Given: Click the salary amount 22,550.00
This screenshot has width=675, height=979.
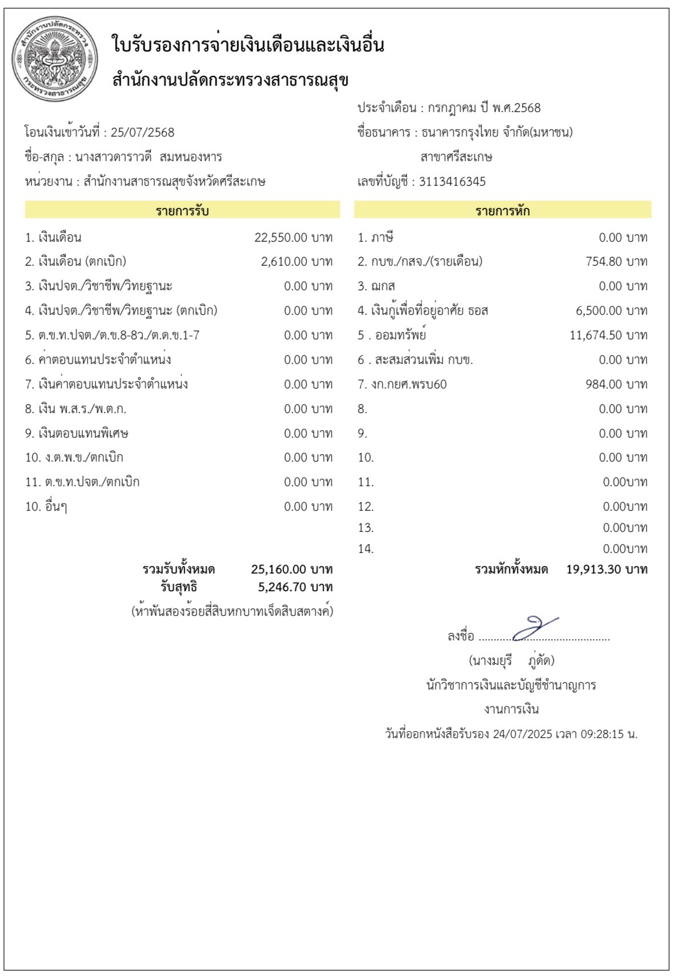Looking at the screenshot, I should (x=281, y=238).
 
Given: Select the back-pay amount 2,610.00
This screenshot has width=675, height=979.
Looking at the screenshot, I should (x=284, y=262).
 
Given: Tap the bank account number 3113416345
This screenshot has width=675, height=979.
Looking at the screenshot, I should (x=452, y=182).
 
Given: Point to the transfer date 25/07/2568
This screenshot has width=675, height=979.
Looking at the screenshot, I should (x=142, y=133).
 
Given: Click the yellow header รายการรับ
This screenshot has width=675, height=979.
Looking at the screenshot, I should (x=182, y=211).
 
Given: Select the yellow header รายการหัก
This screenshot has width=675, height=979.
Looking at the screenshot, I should (x=502, y=211).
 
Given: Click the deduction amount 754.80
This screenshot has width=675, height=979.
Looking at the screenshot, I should (x=604, y=262).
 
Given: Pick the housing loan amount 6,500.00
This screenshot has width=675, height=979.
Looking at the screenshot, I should (x=599, y=311).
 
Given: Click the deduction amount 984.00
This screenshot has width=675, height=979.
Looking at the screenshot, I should (x=604, y=384).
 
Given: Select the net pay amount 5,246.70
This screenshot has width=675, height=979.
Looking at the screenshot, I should (x=282, y=587).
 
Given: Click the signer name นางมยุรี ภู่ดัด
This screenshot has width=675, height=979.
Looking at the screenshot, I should (x=512, y=661).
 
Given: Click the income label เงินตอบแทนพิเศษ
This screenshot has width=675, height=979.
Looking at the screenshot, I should (x=83, y=434).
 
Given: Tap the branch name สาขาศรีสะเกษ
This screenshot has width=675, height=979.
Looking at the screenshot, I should (x=456, y=157).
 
